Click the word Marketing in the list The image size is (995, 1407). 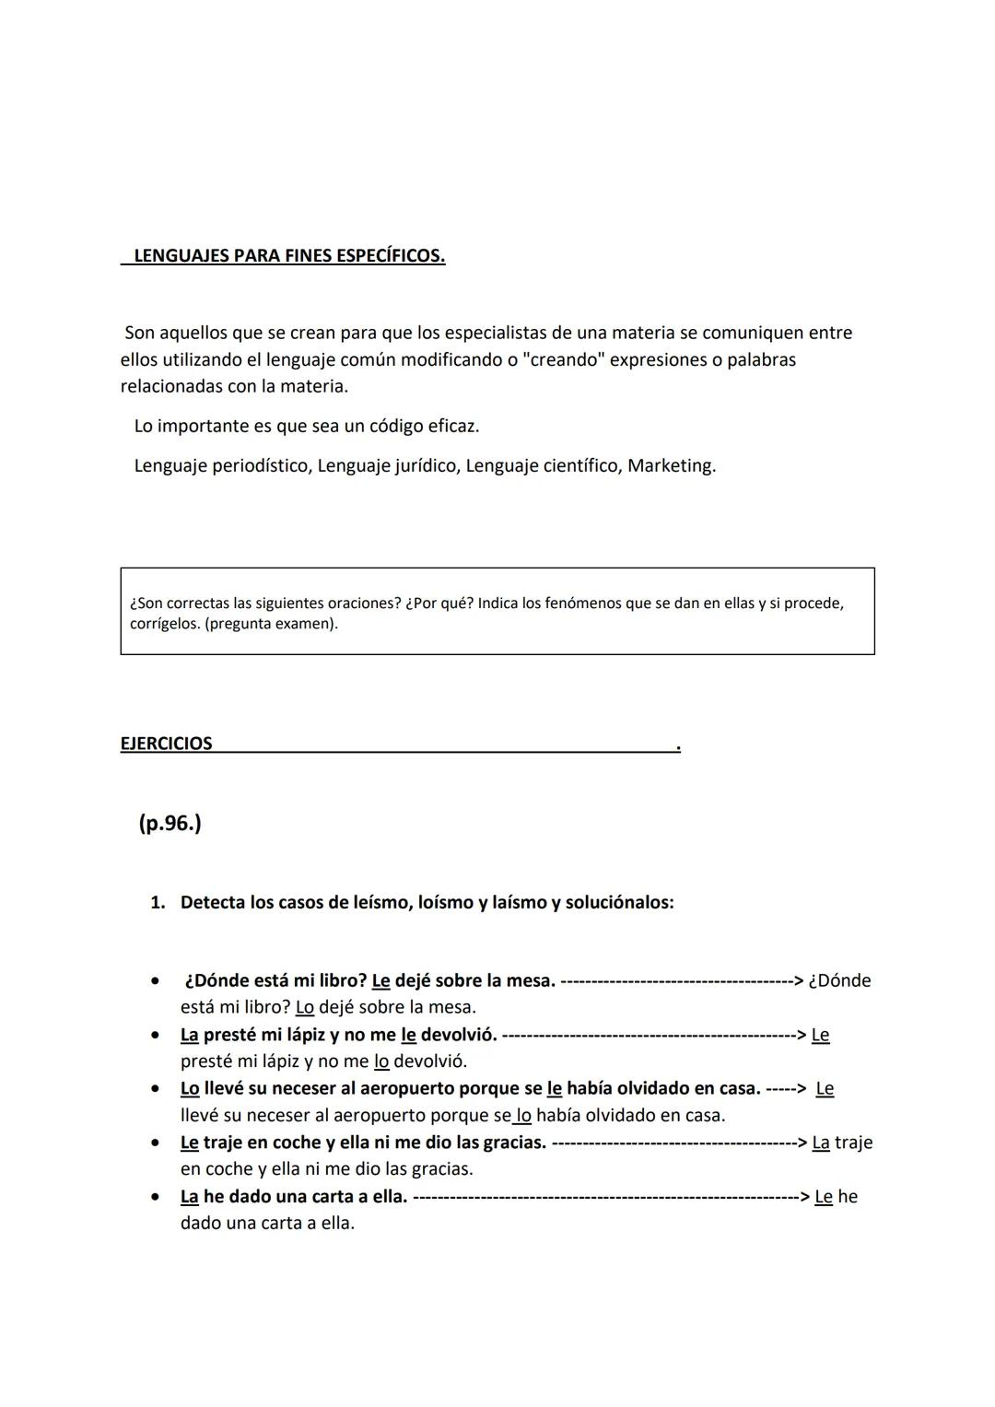click(x=671, y=466)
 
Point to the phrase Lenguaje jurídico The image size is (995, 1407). click(x=387, y=466)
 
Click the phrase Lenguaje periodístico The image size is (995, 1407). click(x=222, y=466)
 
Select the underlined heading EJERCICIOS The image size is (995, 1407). click(x=166, y=744)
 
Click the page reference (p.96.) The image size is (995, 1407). click(x=170, y=823)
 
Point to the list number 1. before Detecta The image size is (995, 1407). click(x=158, y=903)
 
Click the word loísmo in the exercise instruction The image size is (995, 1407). click(x=445, y=903)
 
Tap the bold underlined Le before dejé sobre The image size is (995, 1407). click(x=380, y=980)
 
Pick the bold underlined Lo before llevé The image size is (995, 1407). click(x=190, y=1088)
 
